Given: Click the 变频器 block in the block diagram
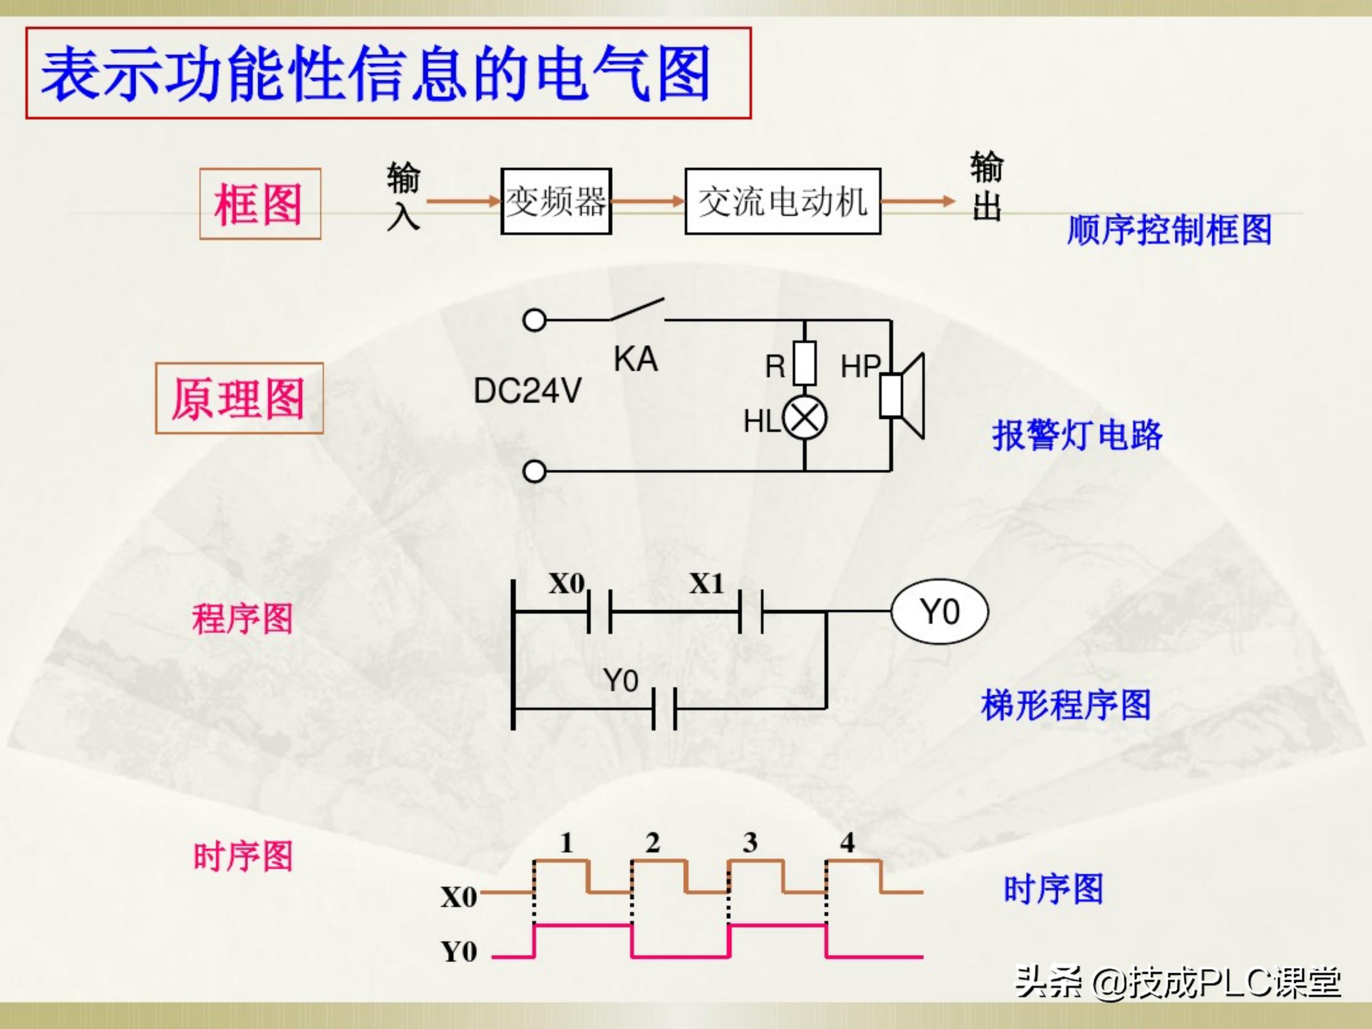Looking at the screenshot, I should click(556, 201).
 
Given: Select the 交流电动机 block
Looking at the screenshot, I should click(782, 201).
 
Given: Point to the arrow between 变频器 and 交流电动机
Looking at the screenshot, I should click(647, 201).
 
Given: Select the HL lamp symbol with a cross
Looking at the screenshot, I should click(805, 417).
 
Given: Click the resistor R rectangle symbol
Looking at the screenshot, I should click(805, 363).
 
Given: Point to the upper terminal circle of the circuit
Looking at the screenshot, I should click(534, 321).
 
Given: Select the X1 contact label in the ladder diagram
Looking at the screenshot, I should click(706, 584).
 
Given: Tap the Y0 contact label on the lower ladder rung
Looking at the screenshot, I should click(620, 680).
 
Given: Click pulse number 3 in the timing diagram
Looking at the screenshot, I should click(750, 842).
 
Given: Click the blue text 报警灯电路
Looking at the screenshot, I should click(1077, 435).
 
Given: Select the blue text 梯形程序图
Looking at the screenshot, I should click(1066, 705).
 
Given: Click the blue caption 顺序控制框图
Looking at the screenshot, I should click(1169, 230).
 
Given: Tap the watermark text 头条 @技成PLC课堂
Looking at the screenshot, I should click(1177, 982).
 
